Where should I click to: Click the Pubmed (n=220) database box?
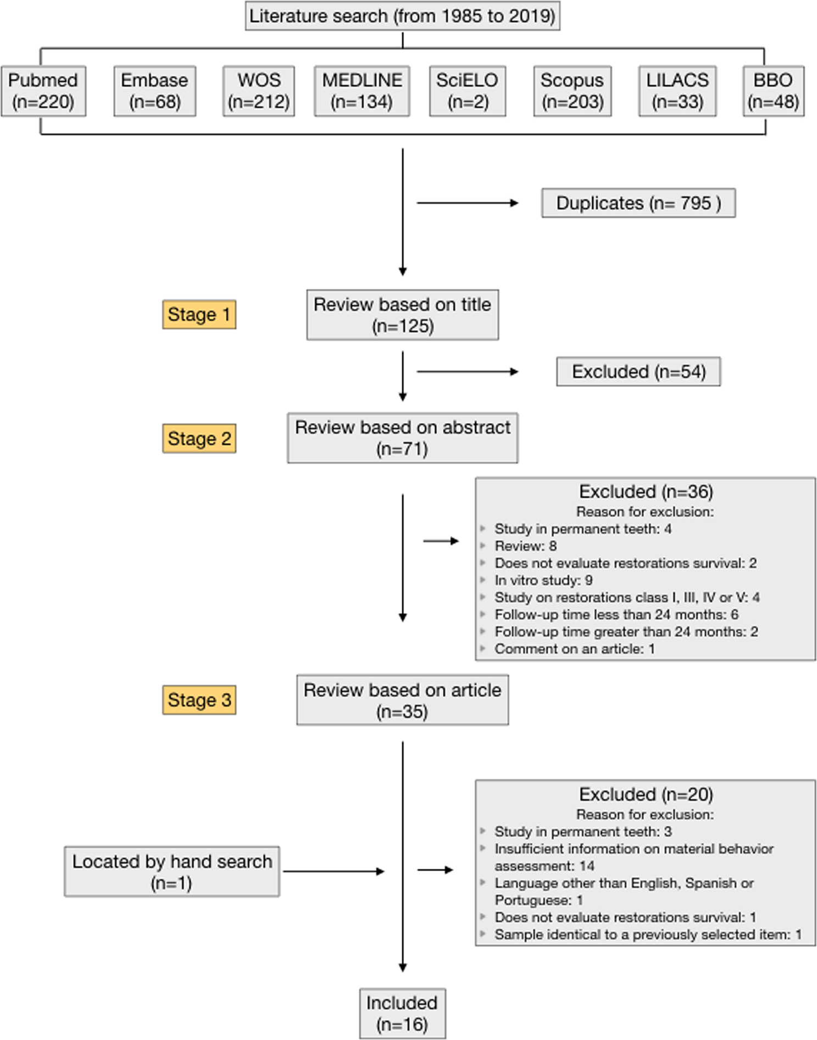[43, 91]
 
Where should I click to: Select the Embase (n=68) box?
[154, 91]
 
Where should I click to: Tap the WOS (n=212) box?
[259, 91]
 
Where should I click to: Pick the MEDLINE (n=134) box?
[362, 91]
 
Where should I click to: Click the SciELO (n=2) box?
[468, 91]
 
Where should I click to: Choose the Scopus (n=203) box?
[573, 91]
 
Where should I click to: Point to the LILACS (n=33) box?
[677, 91]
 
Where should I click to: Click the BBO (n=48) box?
[774, 91]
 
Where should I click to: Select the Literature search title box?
[403, 16]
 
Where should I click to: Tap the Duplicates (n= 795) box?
[638, 203]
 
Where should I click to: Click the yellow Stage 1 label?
[199, 314]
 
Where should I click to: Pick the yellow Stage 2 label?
[199, 438]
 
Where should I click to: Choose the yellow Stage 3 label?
[199, 700]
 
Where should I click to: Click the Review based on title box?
[403, 315]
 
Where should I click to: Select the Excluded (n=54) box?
[638, 372]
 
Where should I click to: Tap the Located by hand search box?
[172, 872]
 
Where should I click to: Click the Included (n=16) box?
[403, 1014]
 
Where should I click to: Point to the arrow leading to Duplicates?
[468, 203]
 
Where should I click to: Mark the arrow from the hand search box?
[334, 871]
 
